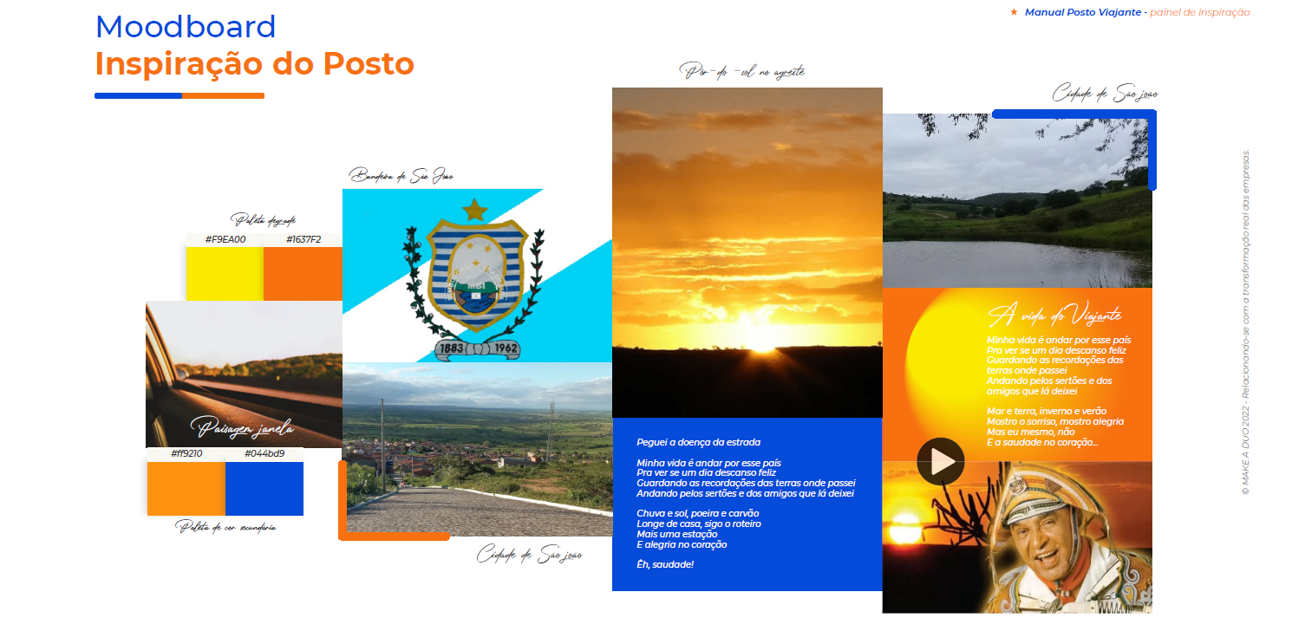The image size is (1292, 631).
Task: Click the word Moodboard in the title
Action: [186, 28]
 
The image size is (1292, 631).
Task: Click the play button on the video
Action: [941, 461]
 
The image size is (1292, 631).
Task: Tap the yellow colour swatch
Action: [225, 274]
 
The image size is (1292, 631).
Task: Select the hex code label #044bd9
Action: [264, 453]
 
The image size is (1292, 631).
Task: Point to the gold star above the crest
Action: [474, 209]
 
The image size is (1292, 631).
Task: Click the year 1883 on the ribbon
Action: [451, 348]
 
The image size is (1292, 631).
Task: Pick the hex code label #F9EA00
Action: [225, 239]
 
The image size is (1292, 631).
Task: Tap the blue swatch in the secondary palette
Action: [264, 489]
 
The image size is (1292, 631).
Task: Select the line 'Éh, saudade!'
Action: [665, 565]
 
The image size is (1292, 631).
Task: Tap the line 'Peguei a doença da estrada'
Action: [698, 443]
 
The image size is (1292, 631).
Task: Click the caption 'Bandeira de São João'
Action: [401, 177]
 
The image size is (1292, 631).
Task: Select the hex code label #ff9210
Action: [186, 453]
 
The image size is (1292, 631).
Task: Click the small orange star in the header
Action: [1014, 12]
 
